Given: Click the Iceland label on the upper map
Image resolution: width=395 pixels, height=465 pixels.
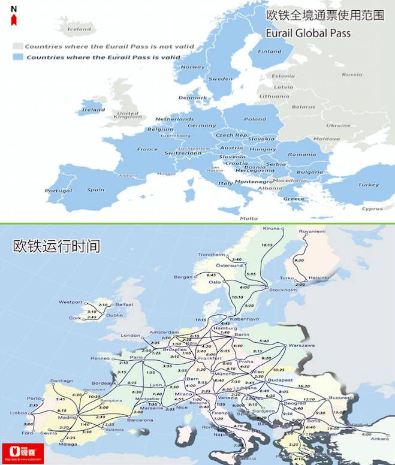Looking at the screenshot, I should pos(79,29).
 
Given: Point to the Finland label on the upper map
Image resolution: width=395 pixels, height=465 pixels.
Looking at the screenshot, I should pos(269,52).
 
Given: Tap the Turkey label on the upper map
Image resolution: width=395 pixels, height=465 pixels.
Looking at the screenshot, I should pos(369,185).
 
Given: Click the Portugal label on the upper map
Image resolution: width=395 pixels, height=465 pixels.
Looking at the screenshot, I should pos(59,191).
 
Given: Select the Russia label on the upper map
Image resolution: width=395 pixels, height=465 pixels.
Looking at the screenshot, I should pos(352,75).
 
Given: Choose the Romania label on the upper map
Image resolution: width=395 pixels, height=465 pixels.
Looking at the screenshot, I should pos(301,154).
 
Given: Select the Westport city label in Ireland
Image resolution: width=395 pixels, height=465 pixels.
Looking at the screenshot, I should pos(71,301).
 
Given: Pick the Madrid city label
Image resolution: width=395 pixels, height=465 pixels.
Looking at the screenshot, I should pos(67,418).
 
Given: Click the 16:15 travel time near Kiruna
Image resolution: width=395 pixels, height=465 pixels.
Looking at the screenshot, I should pos(267,245).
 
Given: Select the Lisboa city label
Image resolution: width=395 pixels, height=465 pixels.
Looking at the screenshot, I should pos(18,413).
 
